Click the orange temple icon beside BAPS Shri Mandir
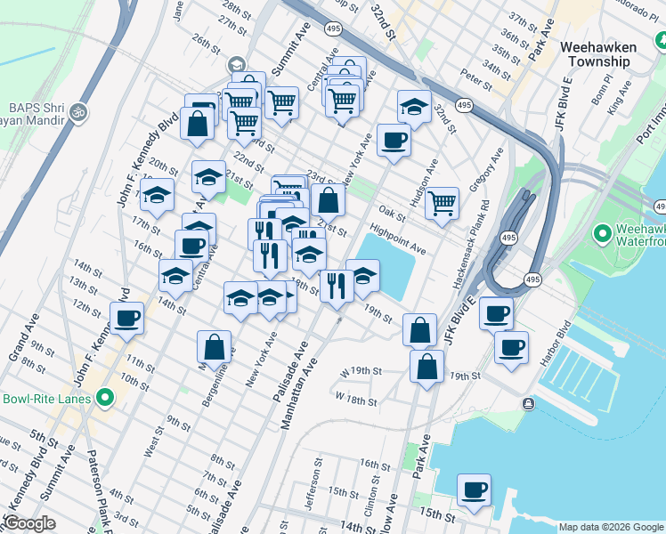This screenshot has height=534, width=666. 77,113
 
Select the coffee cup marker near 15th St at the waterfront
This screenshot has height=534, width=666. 474,490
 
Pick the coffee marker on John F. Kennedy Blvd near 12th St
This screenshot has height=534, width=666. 126,319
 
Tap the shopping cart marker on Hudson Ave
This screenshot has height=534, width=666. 442,204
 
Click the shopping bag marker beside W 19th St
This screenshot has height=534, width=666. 427,366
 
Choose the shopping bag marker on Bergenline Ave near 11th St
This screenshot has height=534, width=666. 214,347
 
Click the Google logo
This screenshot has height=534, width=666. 30,523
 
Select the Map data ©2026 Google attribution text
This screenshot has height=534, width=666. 610,527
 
